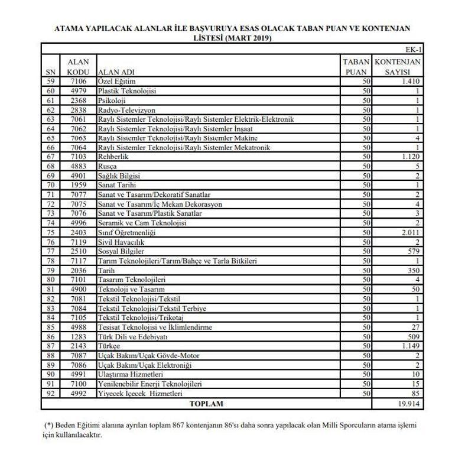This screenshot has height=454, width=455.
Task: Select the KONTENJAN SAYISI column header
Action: [x=398, y=67]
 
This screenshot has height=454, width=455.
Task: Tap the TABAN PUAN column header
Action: [x=356, y=67]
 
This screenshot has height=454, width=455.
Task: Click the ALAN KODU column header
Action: [x=78, y=67]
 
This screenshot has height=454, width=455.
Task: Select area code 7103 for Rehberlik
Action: [x=78, y=157]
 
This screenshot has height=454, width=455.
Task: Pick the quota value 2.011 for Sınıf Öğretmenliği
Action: [x=409, y=233]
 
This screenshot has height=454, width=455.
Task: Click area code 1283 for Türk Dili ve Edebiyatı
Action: [x=78, y=336]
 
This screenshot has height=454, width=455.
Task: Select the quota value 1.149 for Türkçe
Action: [x=409, y=346]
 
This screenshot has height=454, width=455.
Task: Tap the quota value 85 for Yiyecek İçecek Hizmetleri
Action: [x=415, y=393]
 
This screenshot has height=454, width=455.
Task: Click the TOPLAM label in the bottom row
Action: [x=206, y=404]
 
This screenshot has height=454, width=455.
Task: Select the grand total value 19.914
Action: [x=408, y=404]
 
